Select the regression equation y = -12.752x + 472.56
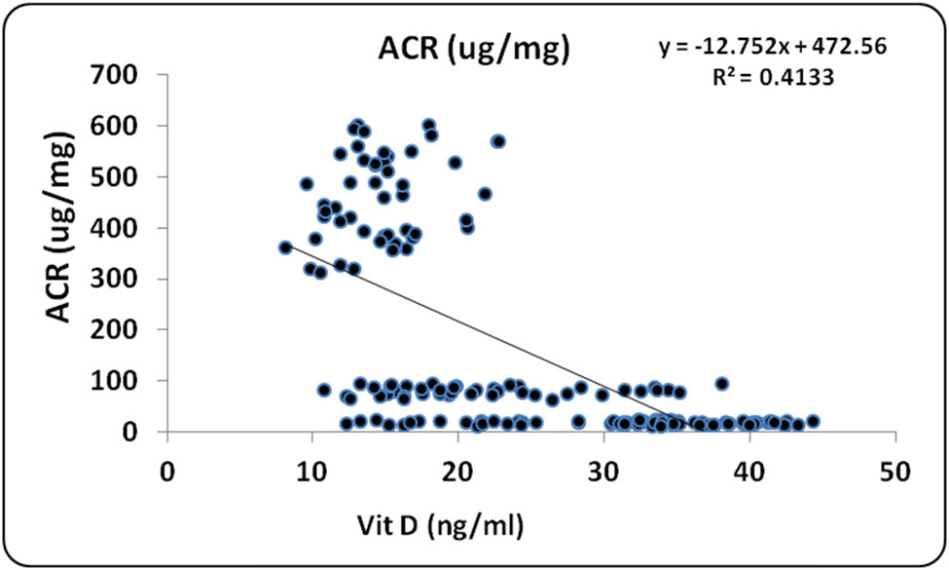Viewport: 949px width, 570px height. (x=773, y=47)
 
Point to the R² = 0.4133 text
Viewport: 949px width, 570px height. (x=773, y=77)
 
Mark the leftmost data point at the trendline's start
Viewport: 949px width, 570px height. (x=286, y=247)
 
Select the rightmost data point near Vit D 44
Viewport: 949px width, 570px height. (x=813, y=421)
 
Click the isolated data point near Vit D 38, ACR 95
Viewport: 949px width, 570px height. (x=721, y=384)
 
